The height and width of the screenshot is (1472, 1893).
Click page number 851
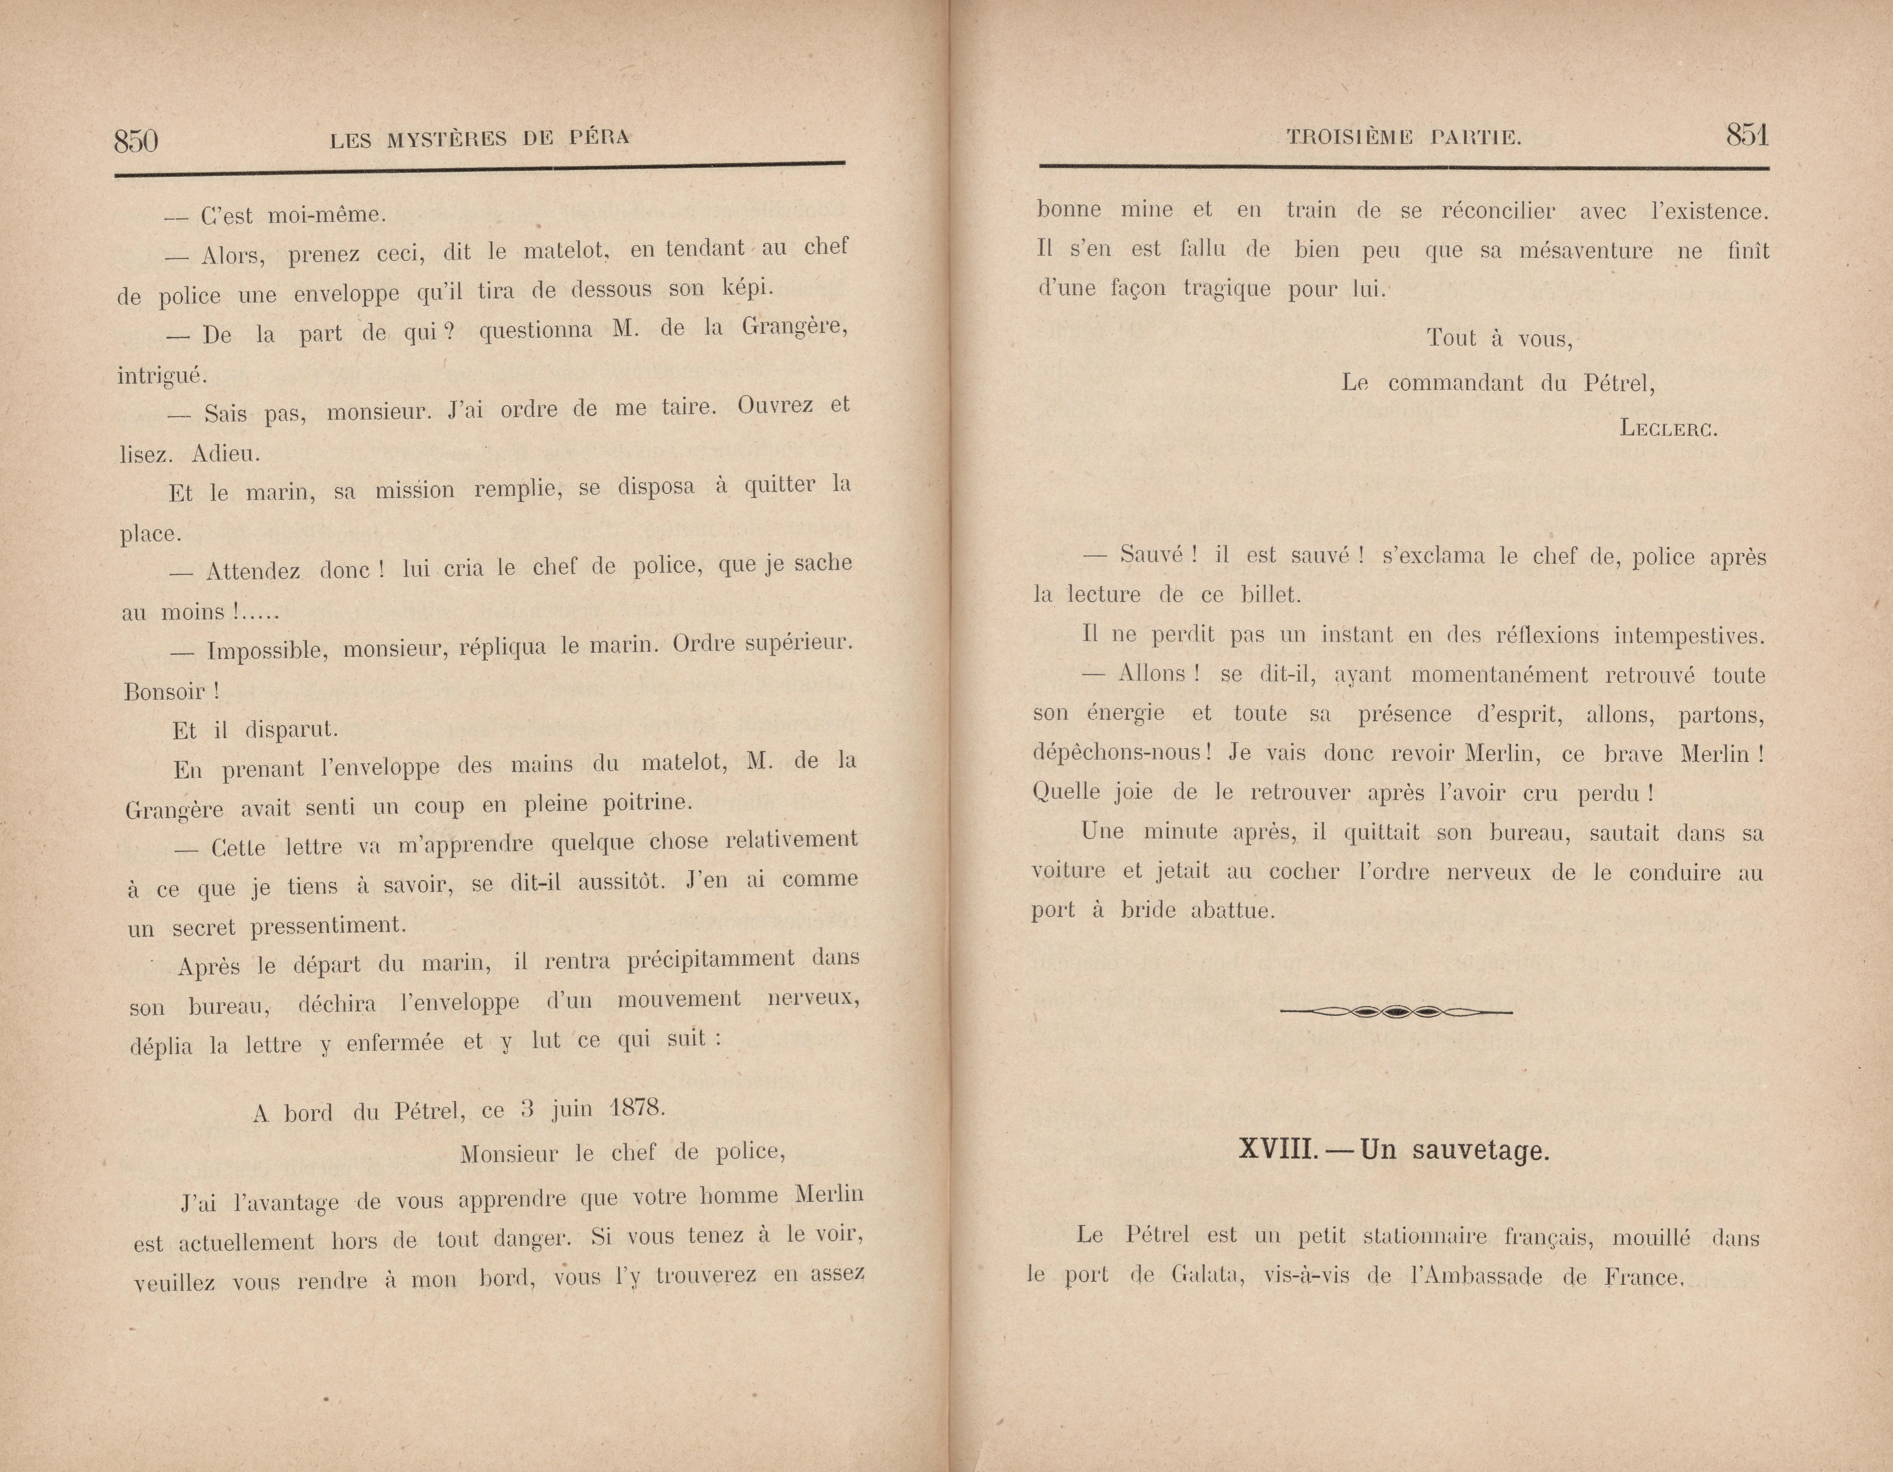tap(1746, 136)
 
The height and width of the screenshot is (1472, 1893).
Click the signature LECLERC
tap(1668, 428)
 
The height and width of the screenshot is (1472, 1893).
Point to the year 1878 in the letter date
tap(637, 1107)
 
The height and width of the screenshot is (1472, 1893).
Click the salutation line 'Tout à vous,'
tap(1500, 338)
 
